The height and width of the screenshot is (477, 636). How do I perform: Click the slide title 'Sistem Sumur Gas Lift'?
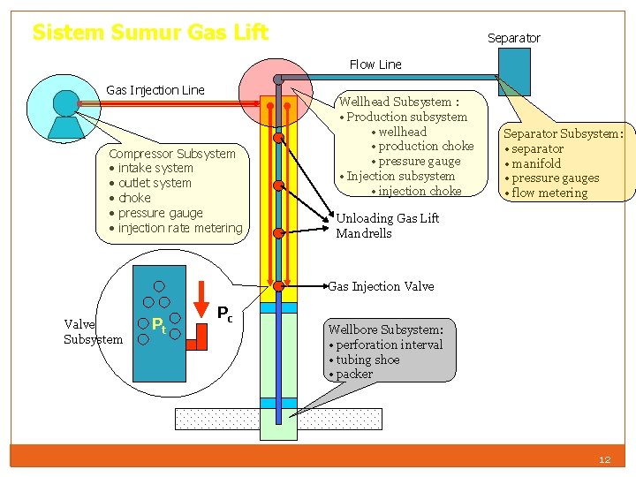tap(150, 33)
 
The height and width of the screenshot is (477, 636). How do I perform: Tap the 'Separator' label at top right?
tap(513, 38)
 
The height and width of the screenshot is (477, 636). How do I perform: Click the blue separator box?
tap(514, 72)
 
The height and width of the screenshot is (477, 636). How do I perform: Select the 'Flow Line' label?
tap(375, 64)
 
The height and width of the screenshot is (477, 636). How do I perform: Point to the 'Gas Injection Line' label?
tap(155, 89)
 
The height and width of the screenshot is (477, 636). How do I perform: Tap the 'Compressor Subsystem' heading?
tap(172, 153)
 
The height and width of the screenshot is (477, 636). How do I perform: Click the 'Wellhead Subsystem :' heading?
tap(398, 102)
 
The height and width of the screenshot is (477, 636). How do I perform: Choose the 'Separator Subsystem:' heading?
tap(563, 133)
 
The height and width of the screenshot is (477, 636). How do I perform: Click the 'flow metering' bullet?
tap(549, 193)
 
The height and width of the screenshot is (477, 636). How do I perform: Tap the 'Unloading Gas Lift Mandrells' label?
tap(387, 225)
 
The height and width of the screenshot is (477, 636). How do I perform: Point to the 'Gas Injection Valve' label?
tap(381, 286)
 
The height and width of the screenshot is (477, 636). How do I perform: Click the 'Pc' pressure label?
tap(225, 313)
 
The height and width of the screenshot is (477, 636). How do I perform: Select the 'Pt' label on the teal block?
tap(159, 325)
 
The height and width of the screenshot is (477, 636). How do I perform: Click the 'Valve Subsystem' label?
tap(93, 331)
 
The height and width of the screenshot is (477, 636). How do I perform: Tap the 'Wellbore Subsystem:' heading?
tap(391, 329)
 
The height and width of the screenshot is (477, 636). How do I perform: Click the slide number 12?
tap(604, 459)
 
